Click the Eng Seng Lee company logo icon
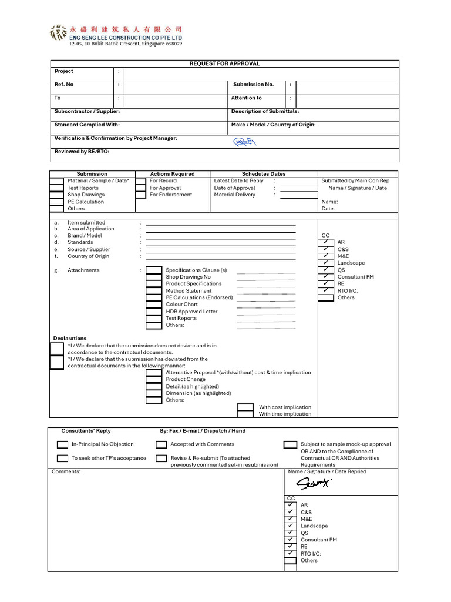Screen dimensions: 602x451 coord(59,33)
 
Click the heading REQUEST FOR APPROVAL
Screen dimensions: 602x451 coord(224,63)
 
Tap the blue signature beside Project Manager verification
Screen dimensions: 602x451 coord(244,142)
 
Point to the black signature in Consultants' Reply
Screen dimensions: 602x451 coord(314,483)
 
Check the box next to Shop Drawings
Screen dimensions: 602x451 coord(56,195)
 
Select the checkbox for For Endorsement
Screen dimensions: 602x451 coord(140,195)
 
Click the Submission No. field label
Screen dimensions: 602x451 coord(254,85)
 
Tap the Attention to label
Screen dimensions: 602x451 coord(247,98)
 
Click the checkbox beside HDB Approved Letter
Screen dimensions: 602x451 coord(154,312)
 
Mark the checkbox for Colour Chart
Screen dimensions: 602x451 coord(154,305)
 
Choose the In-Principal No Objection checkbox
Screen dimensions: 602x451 coord(63,444)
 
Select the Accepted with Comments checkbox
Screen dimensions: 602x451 coord(161,444)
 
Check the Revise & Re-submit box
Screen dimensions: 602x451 coord(161,458)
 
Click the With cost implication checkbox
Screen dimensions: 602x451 coord(245,407)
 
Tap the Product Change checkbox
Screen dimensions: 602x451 coord(154,380)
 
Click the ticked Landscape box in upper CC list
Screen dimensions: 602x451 coord(326,263)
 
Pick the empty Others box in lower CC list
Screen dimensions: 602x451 coord(290,561)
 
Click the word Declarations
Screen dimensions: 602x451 coord(70,339)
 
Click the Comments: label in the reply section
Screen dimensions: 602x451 coord(66,471)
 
